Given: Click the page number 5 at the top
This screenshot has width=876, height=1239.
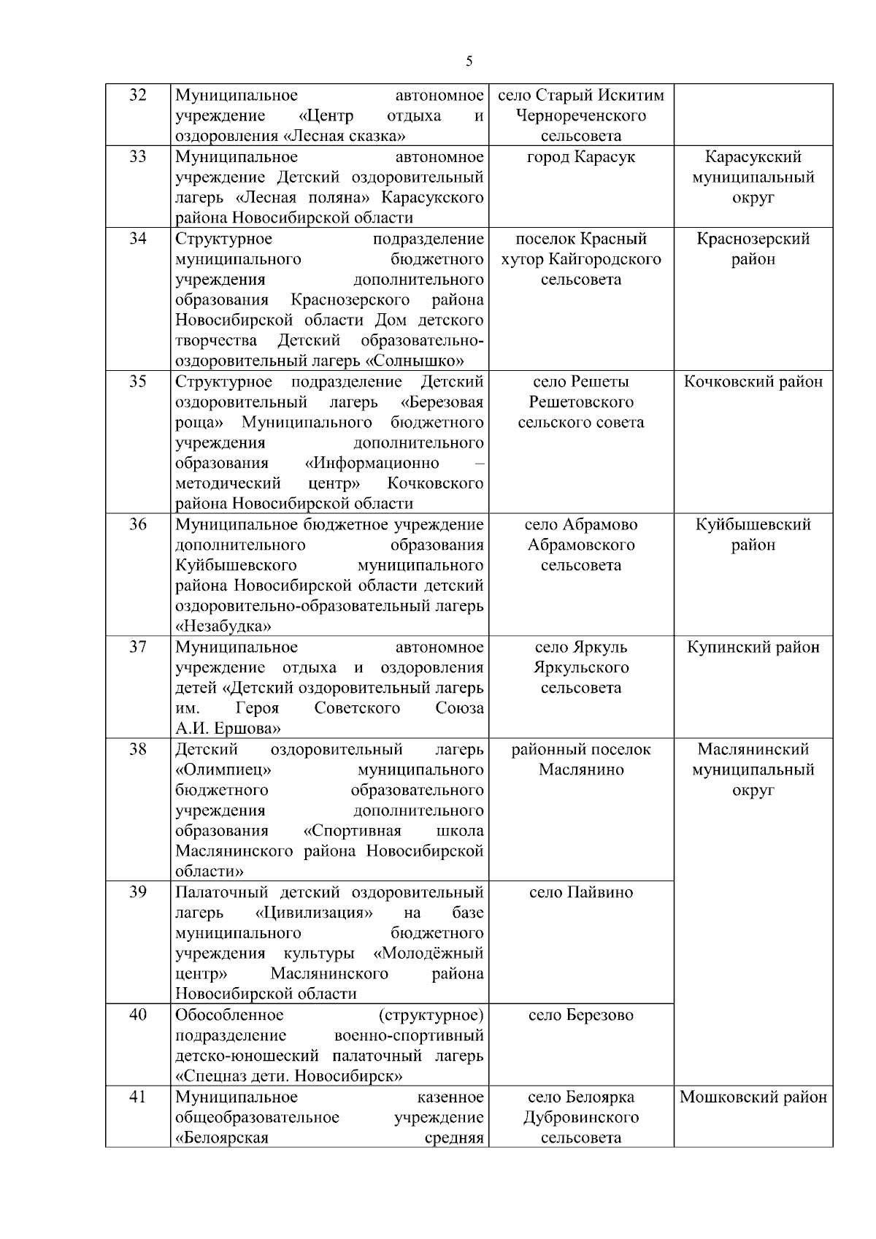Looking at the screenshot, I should point(469,61).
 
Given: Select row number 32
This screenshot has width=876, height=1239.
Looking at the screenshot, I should point(138,95).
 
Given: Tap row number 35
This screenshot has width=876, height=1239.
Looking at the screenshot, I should point(138,381).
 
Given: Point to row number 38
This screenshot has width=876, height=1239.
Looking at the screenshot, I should point(138,749).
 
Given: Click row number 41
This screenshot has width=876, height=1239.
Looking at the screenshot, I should point(138,1097).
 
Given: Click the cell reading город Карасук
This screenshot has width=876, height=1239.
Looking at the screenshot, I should point(581,157).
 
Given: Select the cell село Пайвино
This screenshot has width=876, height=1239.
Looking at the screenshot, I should point(581,892).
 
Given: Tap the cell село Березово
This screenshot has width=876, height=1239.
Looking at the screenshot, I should point(581,1015).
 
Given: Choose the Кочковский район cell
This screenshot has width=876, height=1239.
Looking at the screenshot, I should point(753,381).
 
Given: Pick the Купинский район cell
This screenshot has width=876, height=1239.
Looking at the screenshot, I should point(753,647).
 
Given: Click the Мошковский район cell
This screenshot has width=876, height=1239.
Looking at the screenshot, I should point(753,1097).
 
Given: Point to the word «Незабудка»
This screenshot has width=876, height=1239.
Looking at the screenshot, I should point(223,626).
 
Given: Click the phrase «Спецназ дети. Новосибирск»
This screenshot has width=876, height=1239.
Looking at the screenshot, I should point(290,1076).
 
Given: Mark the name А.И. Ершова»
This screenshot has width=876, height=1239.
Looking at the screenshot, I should point(228,729).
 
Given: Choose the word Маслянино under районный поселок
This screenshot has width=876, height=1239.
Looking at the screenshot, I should point(581,770).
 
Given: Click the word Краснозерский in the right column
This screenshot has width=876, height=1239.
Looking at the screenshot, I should point(753,239).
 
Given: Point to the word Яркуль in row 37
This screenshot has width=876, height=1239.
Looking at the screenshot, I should point(600,647).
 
